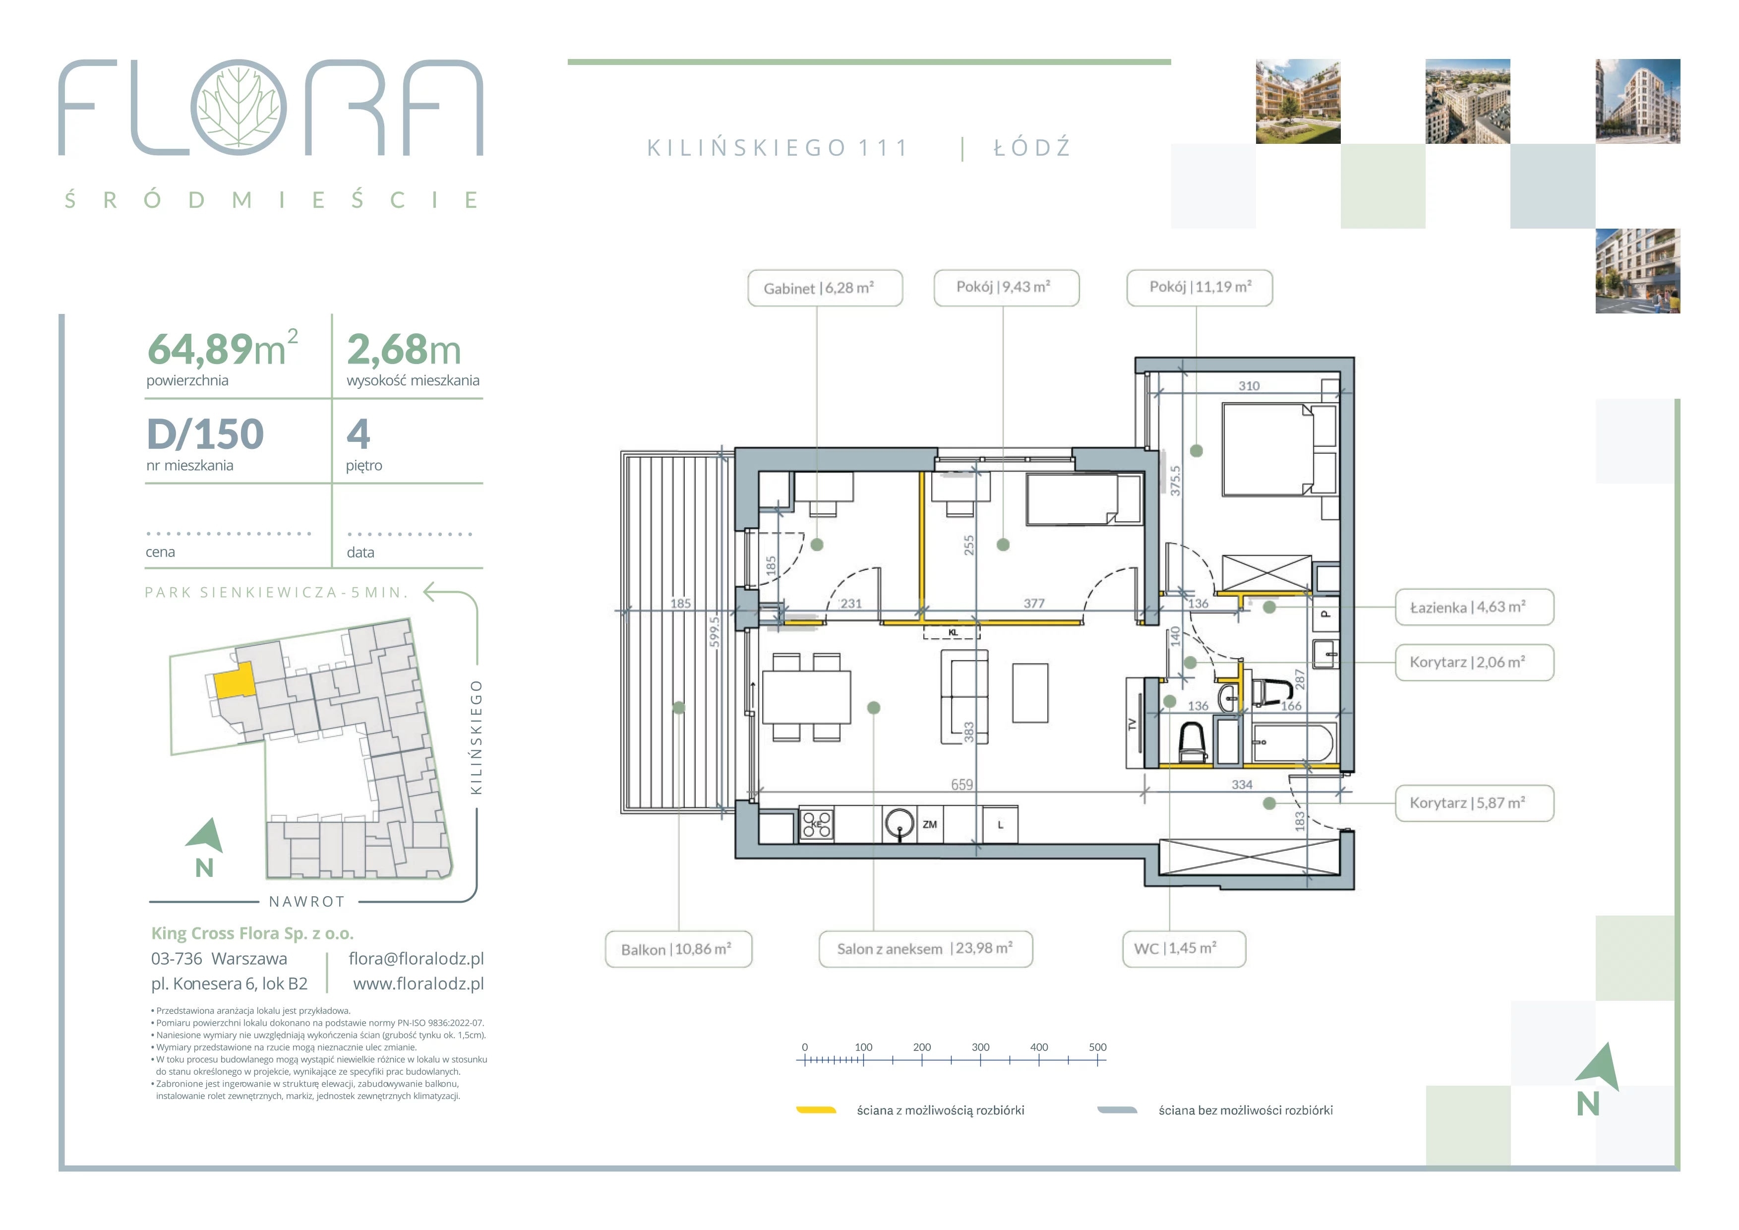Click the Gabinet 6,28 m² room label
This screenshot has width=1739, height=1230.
tap(825, 288)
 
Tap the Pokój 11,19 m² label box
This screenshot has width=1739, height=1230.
tap(1199, 287)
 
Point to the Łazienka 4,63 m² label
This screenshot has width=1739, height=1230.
tap(1474, 607)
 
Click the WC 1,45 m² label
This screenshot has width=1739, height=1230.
tap(1184, 948)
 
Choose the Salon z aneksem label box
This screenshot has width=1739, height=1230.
tap(926, 949)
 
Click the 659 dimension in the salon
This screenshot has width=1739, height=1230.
tap(962, 785)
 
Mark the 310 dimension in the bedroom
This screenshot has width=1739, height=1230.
tap(1249, 385)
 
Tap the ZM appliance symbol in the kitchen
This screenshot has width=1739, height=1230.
tap(930, 824)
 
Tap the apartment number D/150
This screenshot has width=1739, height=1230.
tap(205, 434)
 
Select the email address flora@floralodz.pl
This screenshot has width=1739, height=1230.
tap(416, 958)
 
